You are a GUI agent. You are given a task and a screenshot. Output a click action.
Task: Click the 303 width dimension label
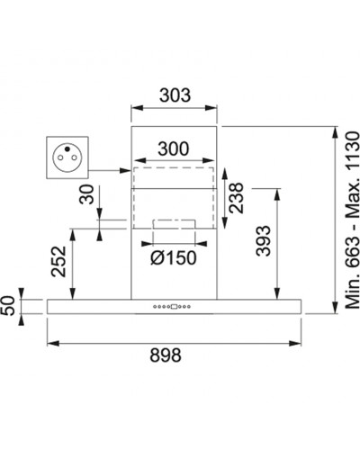tap(175, 95)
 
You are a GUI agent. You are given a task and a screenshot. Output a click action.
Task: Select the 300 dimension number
tap(174, 148)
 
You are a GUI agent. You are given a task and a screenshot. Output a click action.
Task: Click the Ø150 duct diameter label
tap(174, 257)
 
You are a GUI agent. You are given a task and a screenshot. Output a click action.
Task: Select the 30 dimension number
tap(86, 194)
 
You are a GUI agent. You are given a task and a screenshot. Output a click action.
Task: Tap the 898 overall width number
tap(166, 355)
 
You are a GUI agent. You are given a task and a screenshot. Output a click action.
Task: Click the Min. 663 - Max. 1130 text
tap(352, 220)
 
